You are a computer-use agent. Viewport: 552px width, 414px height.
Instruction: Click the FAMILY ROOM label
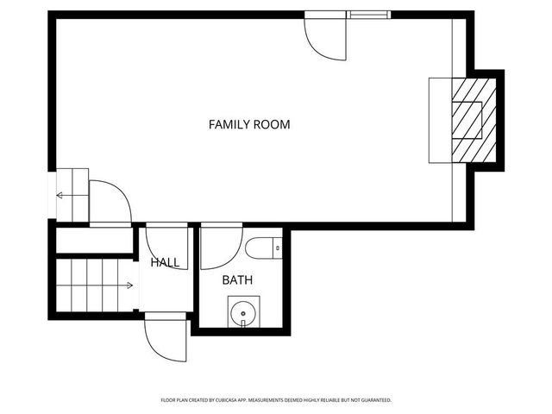249,124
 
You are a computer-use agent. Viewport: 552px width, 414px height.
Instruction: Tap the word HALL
165,262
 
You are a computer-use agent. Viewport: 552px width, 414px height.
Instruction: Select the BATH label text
237,280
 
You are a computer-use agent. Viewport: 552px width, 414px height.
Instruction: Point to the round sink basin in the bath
242,310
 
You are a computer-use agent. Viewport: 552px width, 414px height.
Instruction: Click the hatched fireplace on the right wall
475,120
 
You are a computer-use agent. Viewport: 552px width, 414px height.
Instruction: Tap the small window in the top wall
367,15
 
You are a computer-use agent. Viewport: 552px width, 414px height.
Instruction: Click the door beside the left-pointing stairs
110,204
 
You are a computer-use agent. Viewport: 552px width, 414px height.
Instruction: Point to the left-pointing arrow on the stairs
63,196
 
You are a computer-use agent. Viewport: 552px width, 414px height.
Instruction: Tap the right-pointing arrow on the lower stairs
126,285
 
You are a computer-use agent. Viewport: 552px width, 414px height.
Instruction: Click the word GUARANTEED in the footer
374,400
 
